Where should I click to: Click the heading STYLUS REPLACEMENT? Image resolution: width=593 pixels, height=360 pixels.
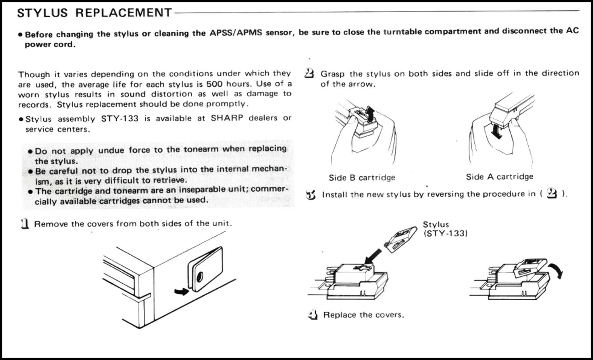94,12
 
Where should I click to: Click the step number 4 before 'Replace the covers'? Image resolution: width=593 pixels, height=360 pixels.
313,315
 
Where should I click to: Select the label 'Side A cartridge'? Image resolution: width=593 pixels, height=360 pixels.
500,177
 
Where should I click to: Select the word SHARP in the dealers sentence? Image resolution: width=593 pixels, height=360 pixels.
227,119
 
